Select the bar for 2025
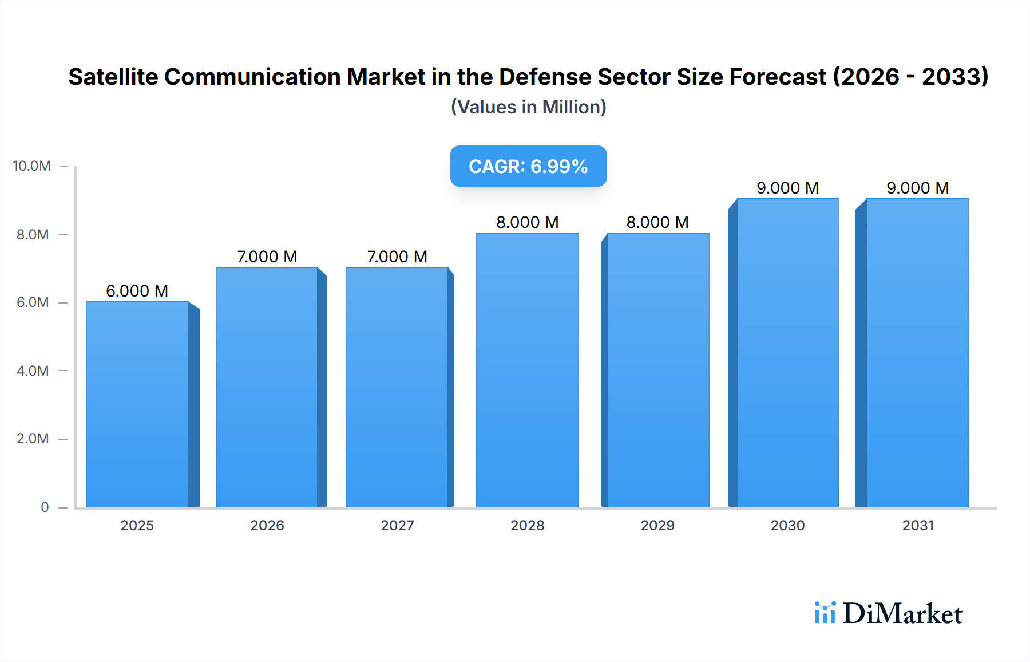tap(137, 404)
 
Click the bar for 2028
tap(527, 370)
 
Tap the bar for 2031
tap(917, 353)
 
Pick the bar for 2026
tap(267, 387)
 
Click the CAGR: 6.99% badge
tap(528, 166)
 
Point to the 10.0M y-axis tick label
tap(32, 166)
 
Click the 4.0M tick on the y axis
tap(33, 371)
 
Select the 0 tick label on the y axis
tap(45, 507)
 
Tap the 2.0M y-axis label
tap(33, 439)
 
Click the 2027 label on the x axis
tap(397, 525)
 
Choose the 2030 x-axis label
tap(787, 525)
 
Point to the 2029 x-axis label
tap(657, 525)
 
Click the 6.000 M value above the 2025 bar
tap(137, 291)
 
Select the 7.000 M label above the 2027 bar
tap(397, 257)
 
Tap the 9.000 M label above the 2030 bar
tap(787, 188)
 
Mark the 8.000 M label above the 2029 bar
tap(657, 222)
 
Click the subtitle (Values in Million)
tap(528, 107)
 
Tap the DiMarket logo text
tap(902, 614)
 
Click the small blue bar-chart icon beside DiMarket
tap(825, 613)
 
